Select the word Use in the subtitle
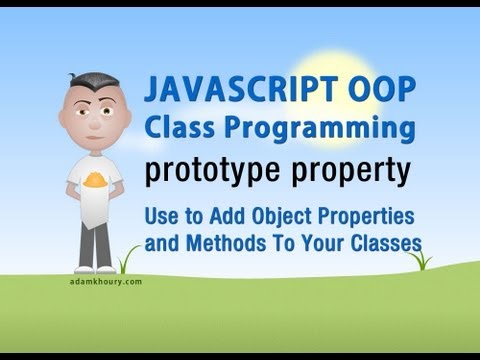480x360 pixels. (160, 216)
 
